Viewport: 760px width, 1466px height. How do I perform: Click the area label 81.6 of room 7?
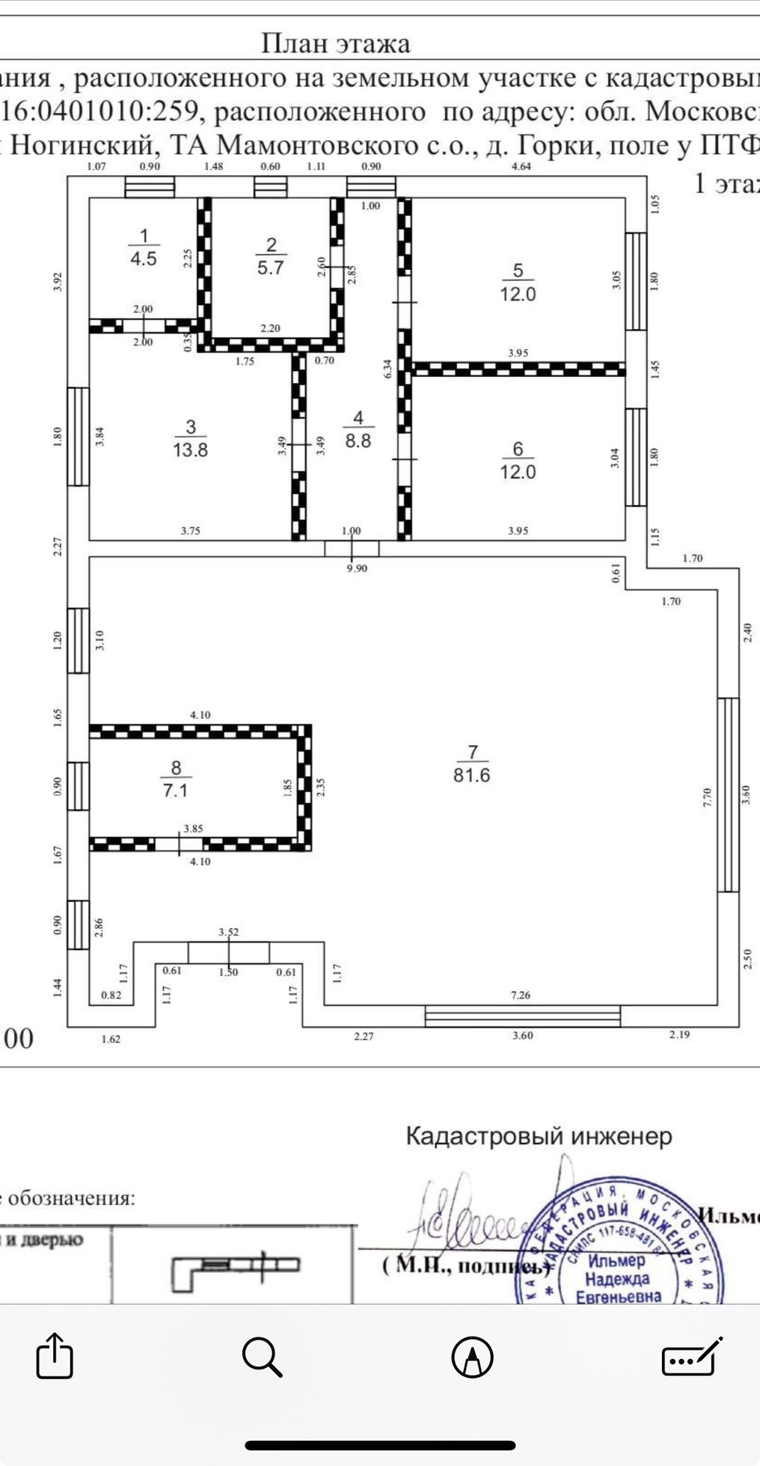pos(471,776)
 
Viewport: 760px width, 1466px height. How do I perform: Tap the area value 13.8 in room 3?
pos(190,450)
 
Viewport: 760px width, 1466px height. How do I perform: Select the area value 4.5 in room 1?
pos(144,260)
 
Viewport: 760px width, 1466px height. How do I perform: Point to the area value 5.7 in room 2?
pos(271,267)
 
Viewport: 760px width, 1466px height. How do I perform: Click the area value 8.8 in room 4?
pos(358,441)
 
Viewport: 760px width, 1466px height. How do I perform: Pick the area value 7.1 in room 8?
pos(175,791)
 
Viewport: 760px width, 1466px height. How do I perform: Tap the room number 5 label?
pos(518,271)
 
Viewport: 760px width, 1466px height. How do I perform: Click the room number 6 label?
pos(518,449)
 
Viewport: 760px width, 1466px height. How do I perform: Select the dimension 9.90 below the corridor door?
pos(357,568)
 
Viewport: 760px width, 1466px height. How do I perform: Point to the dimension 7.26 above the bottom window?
pos(521,995)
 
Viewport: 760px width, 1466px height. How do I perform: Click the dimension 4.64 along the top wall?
pos(521,166)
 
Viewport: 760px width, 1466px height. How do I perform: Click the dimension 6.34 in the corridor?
pos(387,368)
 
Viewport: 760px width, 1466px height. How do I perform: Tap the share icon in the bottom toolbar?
pos(55,1356)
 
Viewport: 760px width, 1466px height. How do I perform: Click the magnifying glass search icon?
pos(263,1356)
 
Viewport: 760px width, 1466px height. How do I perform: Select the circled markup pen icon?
pos(473,1356)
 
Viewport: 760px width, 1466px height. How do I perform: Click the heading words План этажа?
pos(336,43)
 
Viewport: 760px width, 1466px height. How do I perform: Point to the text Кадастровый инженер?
pos(539,1137)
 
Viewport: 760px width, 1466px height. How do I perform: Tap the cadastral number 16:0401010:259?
pos(103,112)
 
